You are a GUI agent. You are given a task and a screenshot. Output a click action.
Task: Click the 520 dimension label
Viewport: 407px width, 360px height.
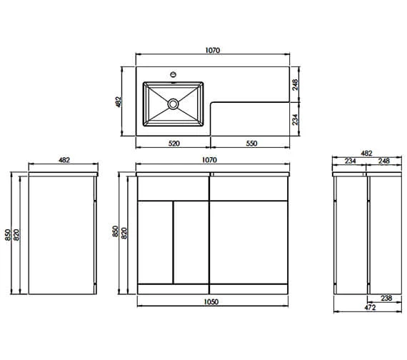point(174,143)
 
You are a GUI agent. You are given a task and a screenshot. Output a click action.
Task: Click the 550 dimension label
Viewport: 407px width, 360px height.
point(251,143)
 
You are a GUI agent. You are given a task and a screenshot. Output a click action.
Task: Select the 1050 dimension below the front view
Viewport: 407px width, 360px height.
point(211,301)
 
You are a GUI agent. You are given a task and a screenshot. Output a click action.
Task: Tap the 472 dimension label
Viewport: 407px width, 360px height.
point(370,307)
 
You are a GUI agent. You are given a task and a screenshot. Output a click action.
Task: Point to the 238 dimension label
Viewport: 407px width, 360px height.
point(386,298)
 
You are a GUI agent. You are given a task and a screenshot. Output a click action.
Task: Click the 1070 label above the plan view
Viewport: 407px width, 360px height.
point(213,50)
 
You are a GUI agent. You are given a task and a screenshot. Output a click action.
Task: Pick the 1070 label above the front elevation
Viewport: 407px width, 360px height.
point(209,160)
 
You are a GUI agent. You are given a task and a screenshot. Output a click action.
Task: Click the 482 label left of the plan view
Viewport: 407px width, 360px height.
point(118,102)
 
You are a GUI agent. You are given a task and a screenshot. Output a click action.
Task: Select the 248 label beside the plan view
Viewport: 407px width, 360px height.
point(296,85)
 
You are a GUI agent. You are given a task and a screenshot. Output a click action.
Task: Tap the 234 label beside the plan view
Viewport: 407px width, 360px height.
point(296,119)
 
